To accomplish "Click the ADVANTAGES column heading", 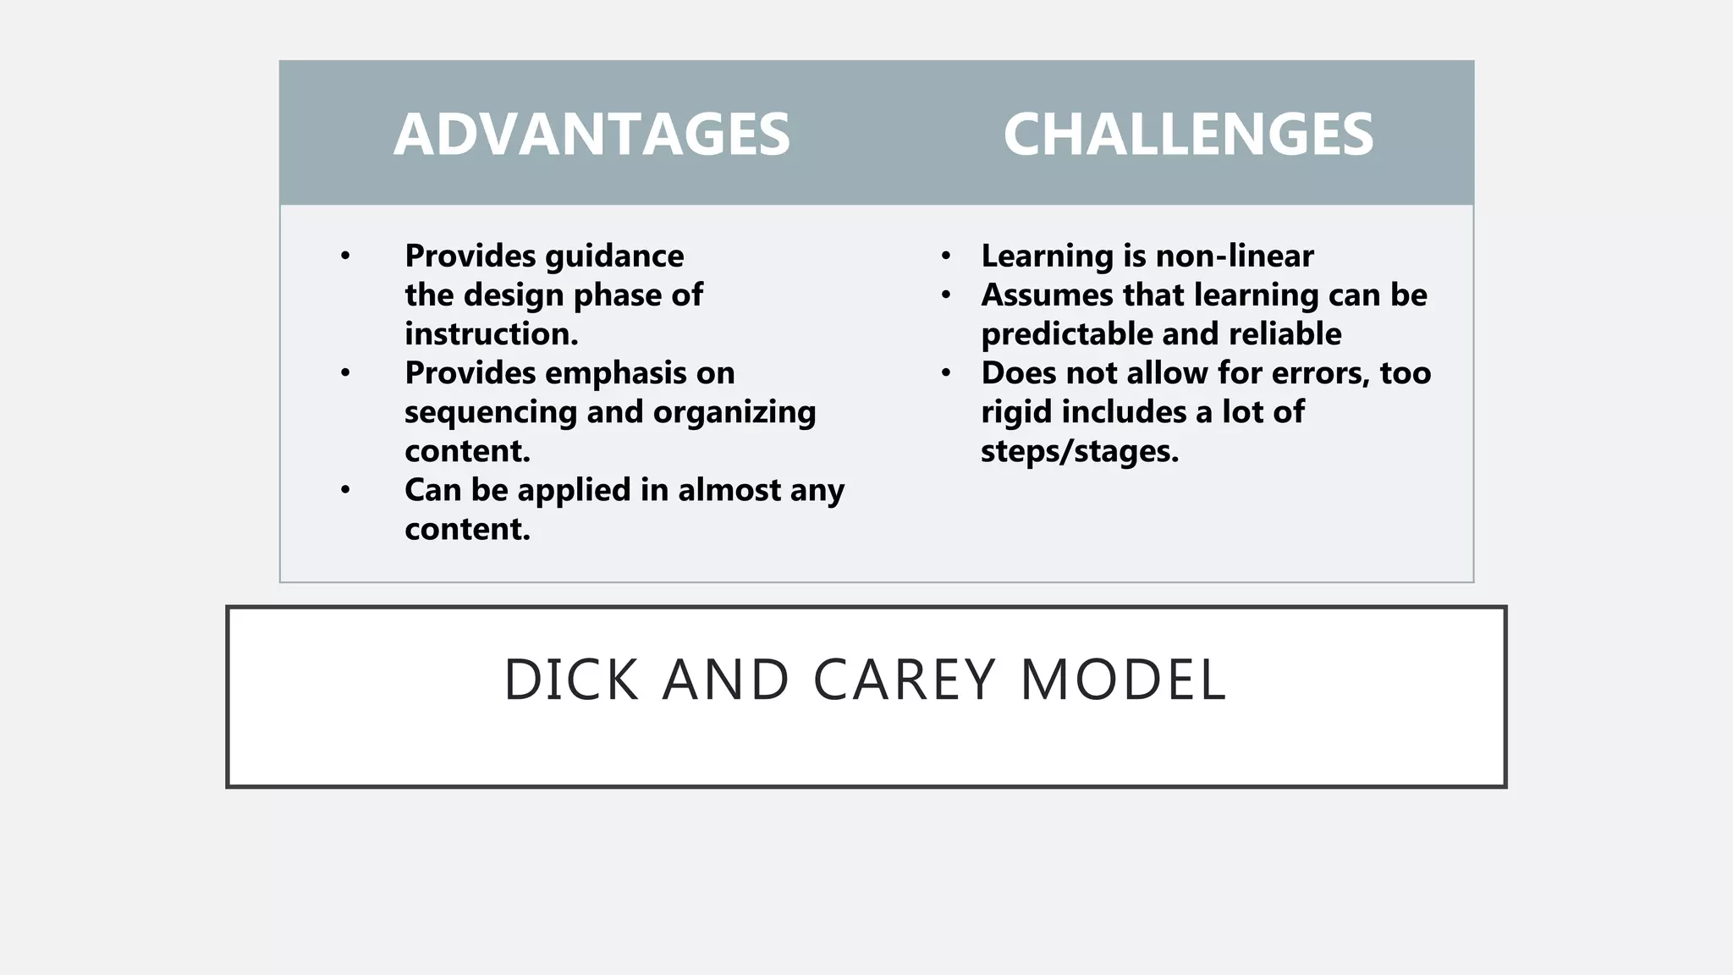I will (591, 135).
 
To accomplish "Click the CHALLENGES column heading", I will (1188, 135).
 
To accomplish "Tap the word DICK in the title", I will (571, 680).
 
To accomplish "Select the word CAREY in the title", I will (905, 680).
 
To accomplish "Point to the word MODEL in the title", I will (1123, 680).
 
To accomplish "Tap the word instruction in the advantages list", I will (491, 334).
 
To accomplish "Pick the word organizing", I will (734, 413).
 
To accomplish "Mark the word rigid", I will (1015, 413).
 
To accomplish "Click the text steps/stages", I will (1079, 452).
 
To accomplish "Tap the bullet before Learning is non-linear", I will (946, 256).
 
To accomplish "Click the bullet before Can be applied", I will (345, 490).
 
